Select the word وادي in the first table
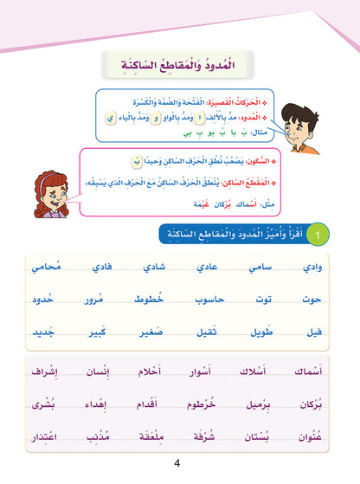point(321,268)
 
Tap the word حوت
point(321,300)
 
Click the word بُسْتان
point(267,436)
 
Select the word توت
point(267,300)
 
